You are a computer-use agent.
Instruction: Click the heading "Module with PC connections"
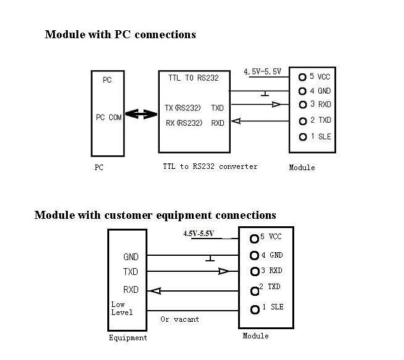point(120,35)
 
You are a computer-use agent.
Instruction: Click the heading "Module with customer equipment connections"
point(155,215)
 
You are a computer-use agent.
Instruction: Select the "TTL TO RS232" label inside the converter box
point(193,78)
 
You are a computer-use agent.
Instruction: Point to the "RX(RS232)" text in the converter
point(184,123)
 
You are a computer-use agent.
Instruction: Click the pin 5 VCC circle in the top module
point(302,77)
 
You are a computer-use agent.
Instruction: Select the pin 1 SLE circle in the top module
point(302,137)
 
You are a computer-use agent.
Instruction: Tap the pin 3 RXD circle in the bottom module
point(254,271)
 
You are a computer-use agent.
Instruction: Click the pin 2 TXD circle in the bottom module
point(254,290)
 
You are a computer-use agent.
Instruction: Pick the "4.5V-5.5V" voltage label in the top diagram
point(262,72)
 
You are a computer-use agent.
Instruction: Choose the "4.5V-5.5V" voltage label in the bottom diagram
point(198,234)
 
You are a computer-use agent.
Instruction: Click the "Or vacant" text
point(179,319)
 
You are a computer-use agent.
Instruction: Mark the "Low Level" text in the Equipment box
point(122,308)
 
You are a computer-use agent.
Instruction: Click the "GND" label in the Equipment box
point(131,257)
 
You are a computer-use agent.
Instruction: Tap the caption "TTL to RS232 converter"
point(210,166)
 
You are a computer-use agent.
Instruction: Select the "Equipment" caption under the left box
point(128,337)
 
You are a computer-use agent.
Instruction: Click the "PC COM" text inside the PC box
point(109,117)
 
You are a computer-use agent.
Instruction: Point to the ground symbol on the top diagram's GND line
point(264,94)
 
